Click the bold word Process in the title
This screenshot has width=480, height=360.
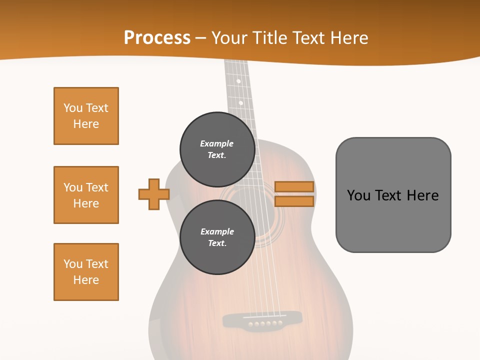(x=157, y=38)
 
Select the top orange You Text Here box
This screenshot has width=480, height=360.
(x=86, y=116)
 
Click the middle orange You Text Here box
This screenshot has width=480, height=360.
(x=86, y=195)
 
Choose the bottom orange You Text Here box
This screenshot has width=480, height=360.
(x=86, y=272)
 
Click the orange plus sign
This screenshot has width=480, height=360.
(x=154, y=194)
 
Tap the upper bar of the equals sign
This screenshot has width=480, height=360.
(x=294, y=186)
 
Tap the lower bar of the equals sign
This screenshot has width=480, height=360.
(x=294, y=201)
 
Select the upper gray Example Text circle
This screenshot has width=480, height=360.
(x=217, y=149)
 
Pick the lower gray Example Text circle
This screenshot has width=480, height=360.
(x=217, y=237)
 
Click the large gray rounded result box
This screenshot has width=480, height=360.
(x=393, y=195)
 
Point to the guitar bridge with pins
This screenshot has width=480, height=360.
(x=262, y=320)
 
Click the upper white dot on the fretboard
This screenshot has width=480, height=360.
(x=238, y=81)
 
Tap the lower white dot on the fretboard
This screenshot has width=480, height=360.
(x=240, y=103)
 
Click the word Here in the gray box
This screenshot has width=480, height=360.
(x=422, y=195)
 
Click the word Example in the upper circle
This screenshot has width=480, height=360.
(x=217, y=143)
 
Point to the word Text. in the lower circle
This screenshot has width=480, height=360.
(x=217, y=243)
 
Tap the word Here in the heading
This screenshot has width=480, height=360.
(x=348, y=38)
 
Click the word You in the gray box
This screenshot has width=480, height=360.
(x=358, y=195)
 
